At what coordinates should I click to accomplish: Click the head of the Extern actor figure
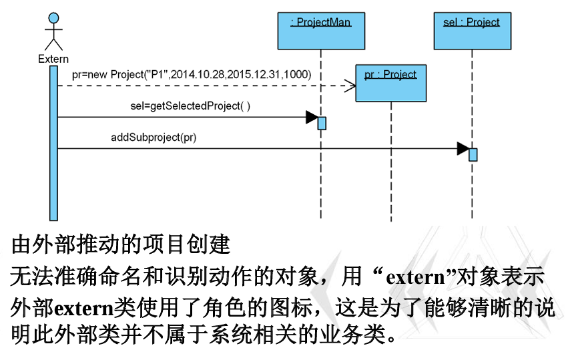[53, 19]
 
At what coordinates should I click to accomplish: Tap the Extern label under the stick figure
[53, 59]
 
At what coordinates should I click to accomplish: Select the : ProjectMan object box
[321, 31]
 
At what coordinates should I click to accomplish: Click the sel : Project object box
[472, 31]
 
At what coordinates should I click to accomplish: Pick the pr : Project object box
[391, 83]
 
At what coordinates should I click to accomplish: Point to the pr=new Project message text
[192, 74]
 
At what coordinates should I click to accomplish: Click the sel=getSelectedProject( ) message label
[190, 106]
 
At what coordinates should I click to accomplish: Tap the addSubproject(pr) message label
[154, 137]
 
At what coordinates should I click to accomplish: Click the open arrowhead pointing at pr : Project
[350, 86]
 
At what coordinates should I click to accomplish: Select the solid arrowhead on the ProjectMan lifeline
[312, 117]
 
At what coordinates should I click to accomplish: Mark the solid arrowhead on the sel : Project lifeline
[463, 148]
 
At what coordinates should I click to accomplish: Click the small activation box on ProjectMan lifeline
[322, 123]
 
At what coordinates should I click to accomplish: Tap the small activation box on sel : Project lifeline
[473, 154]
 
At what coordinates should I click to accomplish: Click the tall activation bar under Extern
[53, 143]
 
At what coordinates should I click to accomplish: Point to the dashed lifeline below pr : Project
[391, 161]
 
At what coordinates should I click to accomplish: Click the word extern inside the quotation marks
[415, 278]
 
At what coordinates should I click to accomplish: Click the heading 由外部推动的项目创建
[121, 244]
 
